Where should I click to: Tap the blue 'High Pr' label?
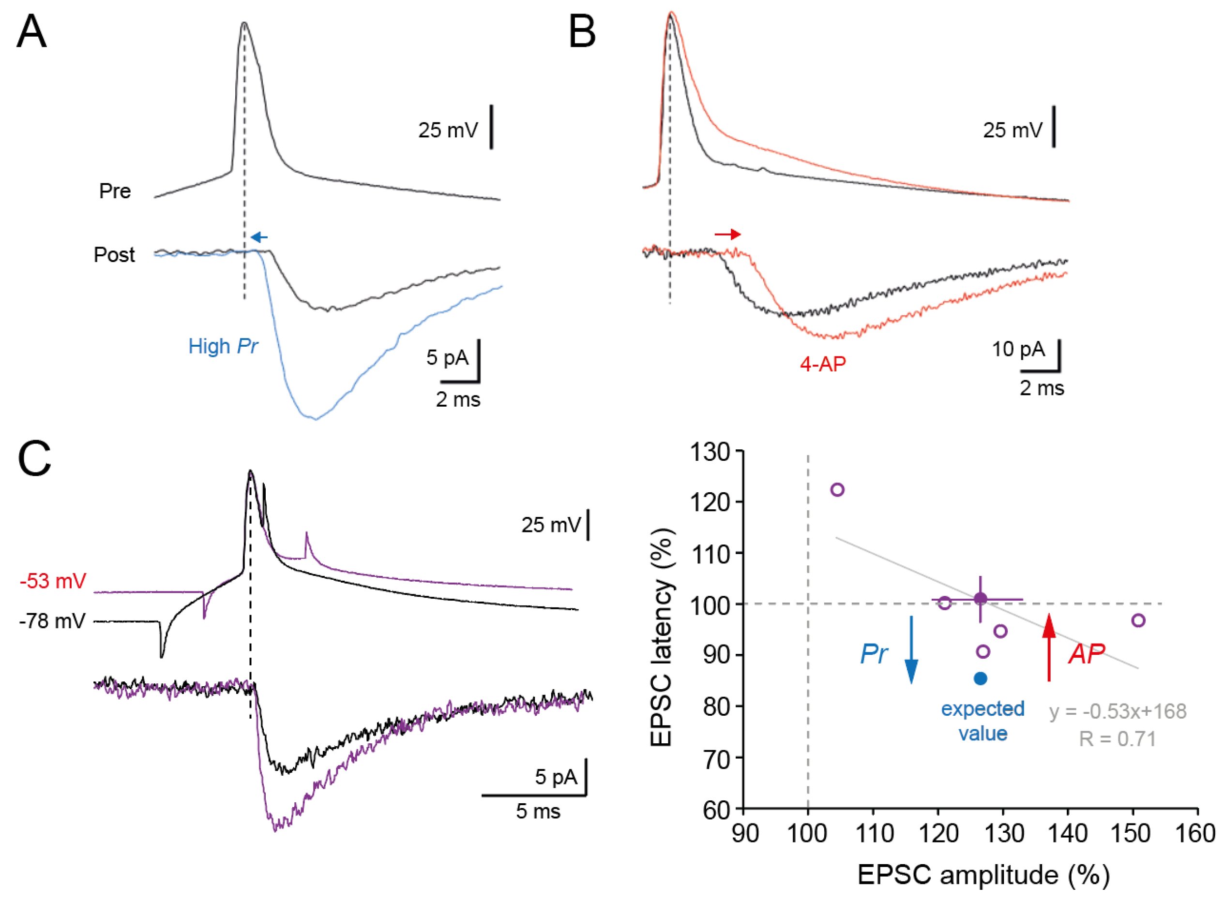pyautogui.click(x=223, y=347)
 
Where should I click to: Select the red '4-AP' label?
pyautogui.click(x=822, y=364)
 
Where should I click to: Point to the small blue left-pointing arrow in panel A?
pyautogui.click(x=259, y=237)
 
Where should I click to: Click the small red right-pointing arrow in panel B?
pyautogui.click(x=727, y=234)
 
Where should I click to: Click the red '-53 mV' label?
pyautogui.click(x=53, y=582)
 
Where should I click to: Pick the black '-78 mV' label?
pyautogui.click(x=52, y=621)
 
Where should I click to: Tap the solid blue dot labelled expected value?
pyautogui.click(x=980, y=678)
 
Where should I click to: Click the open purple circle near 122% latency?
pyautogui.click(x=837, y=490)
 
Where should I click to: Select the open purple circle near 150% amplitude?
pyautogui.click(x=1138, y=621)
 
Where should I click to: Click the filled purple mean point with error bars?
pyautogui.click(x=980, y=599)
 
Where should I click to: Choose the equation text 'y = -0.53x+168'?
pyautogui.click(x=1118, y=711)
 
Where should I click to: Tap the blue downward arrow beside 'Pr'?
pyautogui.click(x=912, y=649)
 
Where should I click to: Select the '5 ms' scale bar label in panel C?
pyautogui.click(x=538, y=811)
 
